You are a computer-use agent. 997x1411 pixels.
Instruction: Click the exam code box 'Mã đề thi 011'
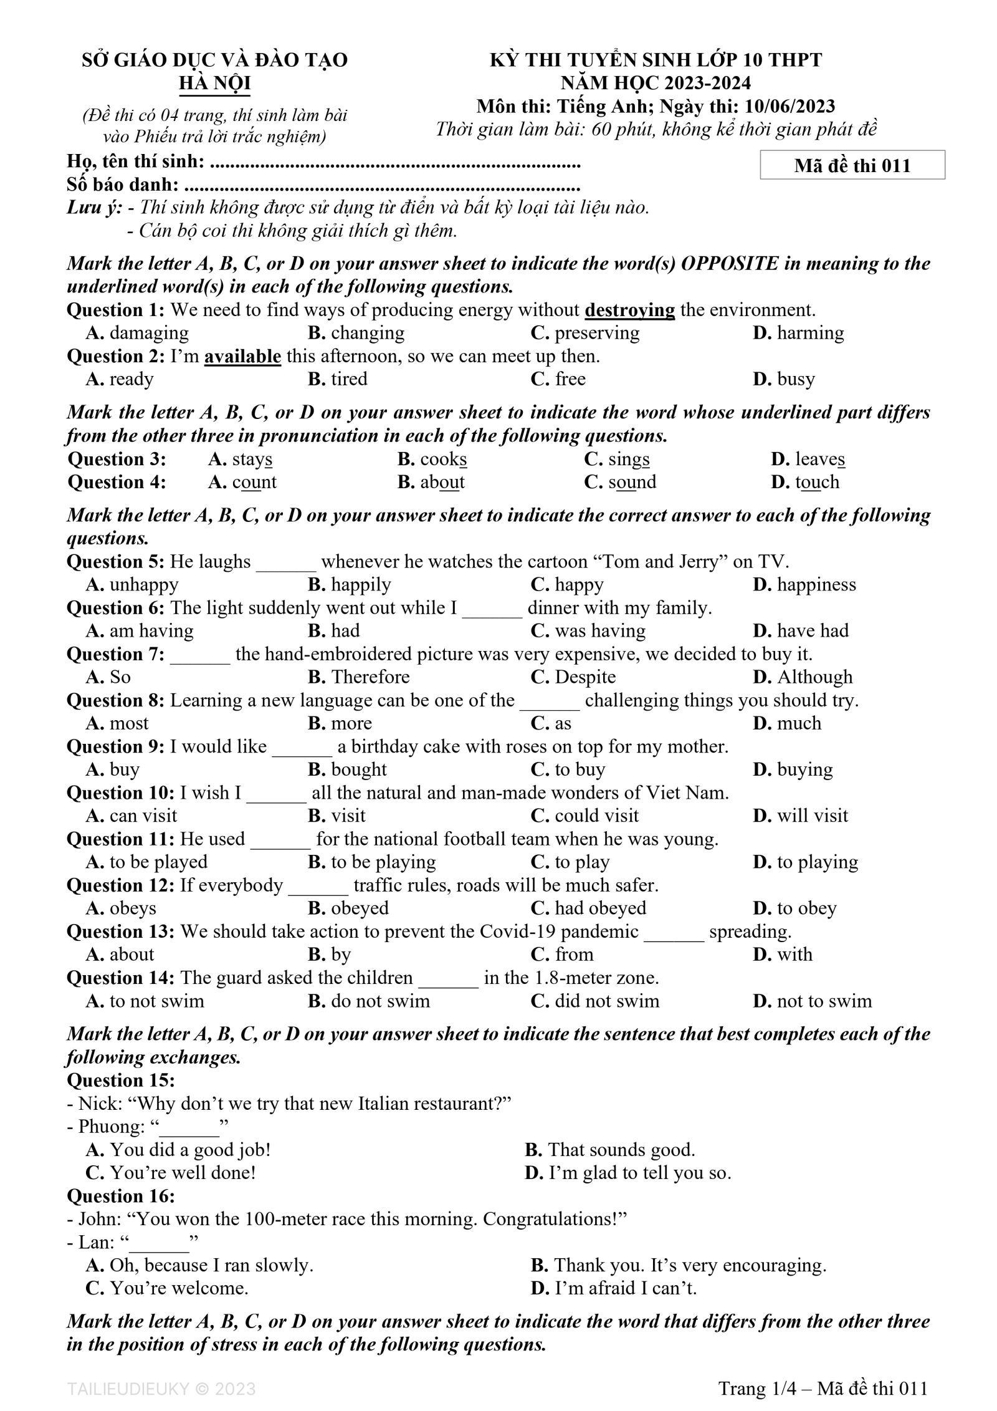click(x=852, y=165)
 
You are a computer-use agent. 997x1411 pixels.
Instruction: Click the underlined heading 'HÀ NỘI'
click(x=214, y=84)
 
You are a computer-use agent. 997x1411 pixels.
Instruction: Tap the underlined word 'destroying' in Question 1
click(x=630, y=310)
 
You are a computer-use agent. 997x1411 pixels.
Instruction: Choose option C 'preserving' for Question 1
click(x=596, y=333)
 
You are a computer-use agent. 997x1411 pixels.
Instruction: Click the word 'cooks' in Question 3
click(x=443, y=460)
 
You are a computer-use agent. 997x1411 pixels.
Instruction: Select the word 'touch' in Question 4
click(x=817, y=482)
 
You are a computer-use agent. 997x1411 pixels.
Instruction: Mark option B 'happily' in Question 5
click(x=361, y=585)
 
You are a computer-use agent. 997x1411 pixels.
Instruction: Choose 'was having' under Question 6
click(x=599, y=631)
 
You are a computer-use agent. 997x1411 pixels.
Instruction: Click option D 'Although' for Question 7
click(x=814, y=677)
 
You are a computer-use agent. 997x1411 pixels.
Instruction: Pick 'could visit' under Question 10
click(x=596, y=816)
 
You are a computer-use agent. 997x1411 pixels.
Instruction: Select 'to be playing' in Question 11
click(x=383, y=862)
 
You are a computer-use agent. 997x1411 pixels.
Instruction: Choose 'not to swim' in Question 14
click(x=824, y=1001)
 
